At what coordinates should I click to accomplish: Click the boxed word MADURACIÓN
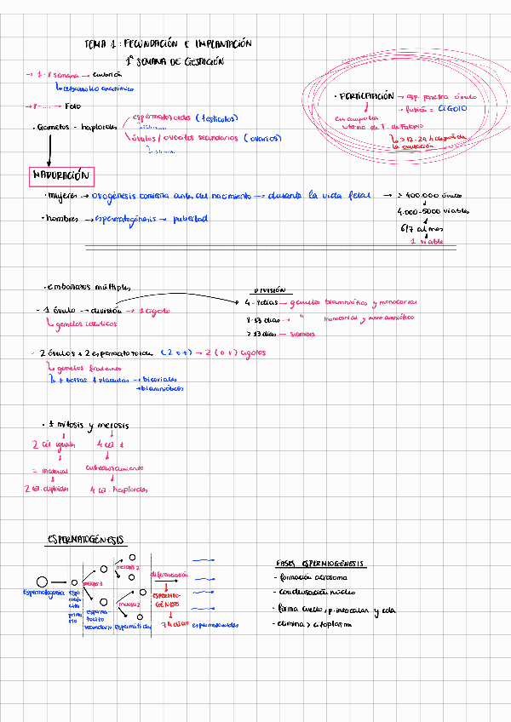(x=60, y=175)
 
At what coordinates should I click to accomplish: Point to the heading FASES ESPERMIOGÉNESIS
(x=319, y=564)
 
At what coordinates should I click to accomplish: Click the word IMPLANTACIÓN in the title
(x=223, y=43)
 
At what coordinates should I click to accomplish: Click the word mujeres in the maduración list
(x=62, y=196)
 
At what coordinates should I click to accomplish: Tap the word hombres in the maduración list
(x=62, y=220)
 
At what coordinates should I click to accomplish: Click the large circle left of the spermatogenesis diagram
(x=41, y=581)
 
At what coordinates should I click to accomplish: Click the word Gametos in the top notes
(x=55, y=127)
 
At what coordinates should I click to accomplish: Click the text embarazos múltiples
(x=87, y=288)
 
